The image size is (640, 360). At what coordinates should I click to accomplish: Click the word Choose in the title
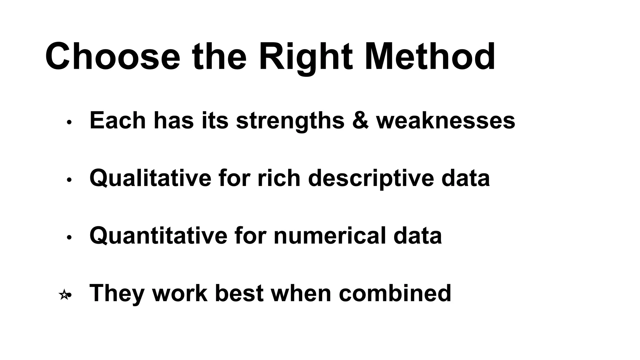(x=112, y=57)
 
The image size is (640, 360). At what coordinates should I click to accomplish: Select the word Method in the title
(x=430, y=57)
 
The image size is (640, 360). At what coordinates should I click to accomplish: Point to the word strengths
(x=290, y=121)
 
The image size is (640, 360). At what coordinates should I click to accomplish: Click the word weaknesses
(x=446, y=120)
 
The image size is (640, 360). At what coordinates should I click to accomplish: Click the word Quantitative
(x=158, y=236)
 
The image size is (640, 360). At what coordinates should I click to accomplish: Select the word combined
(x=395, y=293)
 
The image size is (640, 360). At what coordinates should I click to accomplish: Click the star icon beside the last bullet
(x=64, y=295)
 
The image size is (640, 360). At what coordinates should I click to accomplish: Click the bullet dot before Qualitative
(x=69, y=180)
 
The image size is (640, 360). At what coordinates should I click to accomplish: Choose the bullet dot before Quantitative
(x=69, y=237)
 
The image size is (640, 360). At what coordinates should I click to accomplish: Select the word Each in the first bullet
(x=117, y=120)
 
